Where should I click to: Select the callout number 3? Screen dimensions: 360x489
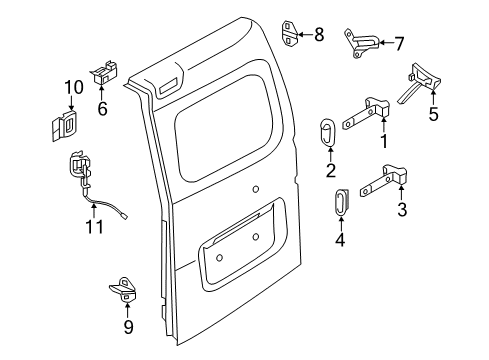click(x=402, y=209)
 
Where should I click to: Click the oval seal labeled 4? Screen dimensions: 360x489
click(x=339, y=203)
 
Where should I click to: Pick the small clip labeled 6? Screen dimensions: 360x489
click(x=103, y=72)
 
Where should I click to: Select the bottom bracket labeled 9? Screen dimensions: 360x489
click(x=125, y=288)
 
